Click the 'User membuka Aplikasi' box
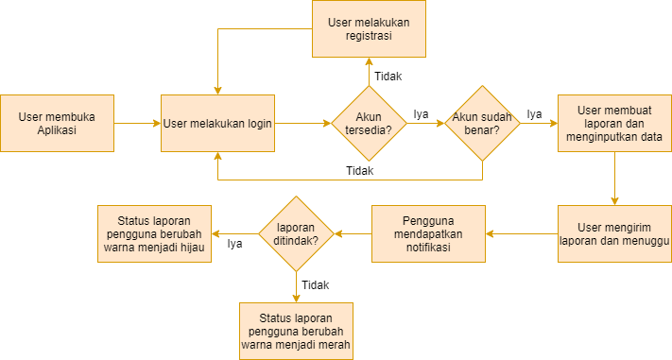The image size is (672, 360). pyautogui.click(x=57, y=124)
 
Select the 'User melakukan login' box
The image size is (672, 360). pyautogui.click(x=217, y=124)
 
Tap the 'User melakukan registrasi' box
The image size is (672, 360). pyautogui.click(x=369, y=28)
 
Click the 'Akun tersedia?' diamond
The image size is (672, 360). pyautogui.click(x=369, y=124)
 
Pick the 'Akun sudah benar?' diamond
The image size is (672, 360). pyautogui.click(x=483, y=124)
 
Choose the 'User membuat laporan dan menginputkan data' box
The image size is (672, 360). pyautogui.click(x=614, y=124)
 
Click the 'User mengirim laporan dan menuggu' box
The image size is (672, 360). pyautogui.click(x=614, y=234)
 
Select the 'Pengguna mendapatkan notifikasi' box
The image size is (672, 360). pyautogui.click(x=428, y=234)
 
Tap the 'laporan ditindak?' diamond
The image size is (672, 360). pyautogui.click(x=296, y=234)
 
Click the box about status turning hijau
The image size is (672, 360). pyautogui.click(x=154, y=234)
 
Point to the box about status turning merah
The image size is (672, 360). pyautogui.click(x=296, y=332)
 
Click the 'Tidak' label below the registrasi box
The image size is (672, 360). pyautogui.click(x=388, y=77)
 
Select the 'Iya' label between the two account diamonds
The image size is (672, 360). pyautogui.click(x=421, y=114)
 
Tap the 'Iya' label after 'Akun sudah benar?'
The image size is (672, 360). pyautogui.click(x=534, y=114)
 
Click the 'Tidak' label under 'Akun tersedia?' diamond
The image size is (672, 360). pyautogui.click(x=360, y=171)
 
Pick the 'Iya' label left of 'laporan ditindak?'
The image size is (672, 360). pyautogui.click(x=234, y=244)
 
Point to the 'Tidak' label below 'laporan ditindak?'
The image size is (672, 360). pyautogui.click(x=316, y=285)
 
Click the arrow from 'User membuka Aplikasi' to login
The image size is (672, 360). pyautogui.click(x=137, y=124)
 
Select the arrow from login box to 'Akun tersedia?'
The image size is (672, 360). pyautogui.click(x=303, y=124)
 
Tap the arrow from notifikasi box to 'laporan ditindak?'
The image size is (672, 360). pyautogui.click(x=353, y=234)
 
